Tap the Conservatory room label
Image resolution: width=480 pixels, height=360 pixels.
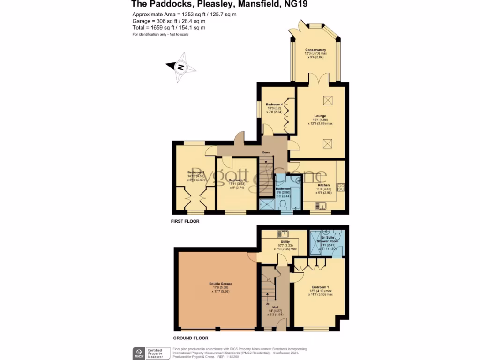pos(315,50)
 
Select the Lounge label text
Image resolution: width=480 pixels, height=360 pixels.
pos(321,116)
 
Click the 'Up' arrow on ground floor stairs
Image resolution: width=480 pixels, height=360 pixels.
pos(268,297)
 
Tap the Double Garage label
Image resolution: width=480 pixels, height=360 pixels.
pos(220,284)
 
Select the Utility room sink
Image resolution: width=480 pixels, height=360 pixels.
pos(285,233)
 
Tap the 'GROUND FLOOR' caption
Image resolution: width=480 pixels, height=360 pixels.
pos(191,337)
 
